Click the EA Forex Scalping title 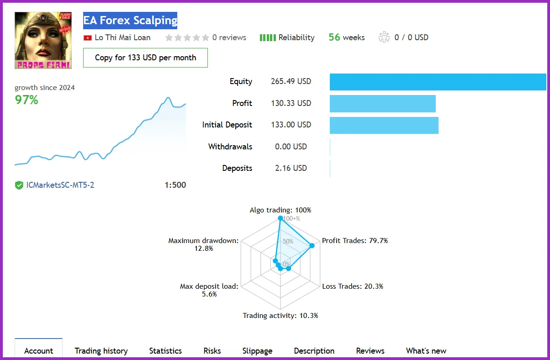pos(130,21)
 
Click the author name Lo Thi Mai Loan pos(122,37)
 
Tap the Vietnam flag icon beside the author pos(88,38)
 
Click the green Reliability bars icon pos(268,37)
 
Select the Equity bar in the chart pos(438,82)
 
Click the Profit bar pos(382,104)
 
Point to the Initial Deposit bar pos(384,125)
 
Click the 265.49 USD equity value pos(291,81)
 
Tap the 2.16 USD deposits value pos(291,168)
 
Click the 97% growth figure pos(26,100)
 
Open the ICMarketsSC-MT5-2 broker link pos(60,185)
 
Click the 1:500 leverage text pos(175,185)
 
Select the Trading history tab pos(101,351)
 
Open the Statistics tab pos(165,351)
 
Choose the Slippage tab pos(257,351)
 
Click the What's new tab pos(426,351)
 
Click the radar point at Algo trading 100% pos(280,219)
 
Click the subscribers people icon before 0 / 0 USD pos(384,37)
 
